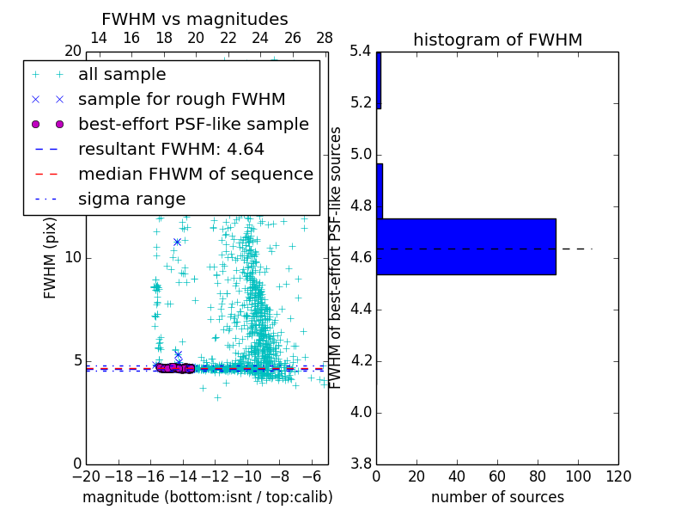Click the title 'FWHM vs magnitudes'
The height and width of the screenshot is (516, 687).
(x=195, y=19)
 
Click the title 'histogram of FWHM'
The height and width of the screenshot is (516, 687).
(x=497, y=40)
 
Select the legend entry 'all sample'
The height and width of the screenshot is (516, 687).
(x=122, y=75)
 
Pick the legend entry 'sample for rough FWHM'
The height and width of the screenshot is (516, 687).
(x=181, y=99)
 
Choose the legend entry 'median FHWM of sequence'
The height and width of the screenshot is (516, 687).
(x=195, y=174)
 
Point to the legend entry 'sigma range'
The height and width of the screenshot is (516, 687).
(x=131, y=199)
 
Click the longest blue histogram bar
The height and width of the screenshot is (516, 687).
(x=466, y=247)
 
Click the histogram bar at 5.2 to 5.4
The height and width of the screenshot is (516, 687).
(x=379, y=80)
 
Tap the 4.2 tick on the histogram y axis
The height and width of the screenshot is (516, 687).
(x=361, y=361)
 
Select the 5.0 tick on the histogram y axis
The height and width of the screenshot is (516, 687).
(x=361, y=156)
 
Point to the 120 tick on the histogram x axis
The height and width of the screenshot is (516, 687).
(x=618, y=475)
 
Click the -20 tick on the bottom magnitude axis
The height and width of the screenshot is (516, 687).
(x=86, y=475)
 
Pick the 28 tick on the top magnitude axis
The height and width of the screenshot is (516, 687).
(x=325, y=38)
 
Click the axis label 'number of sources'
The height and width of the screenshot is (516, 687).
(x=497, y=497)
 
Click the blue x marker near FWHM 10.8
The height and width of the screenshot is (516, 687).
(x=177, y=242)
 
